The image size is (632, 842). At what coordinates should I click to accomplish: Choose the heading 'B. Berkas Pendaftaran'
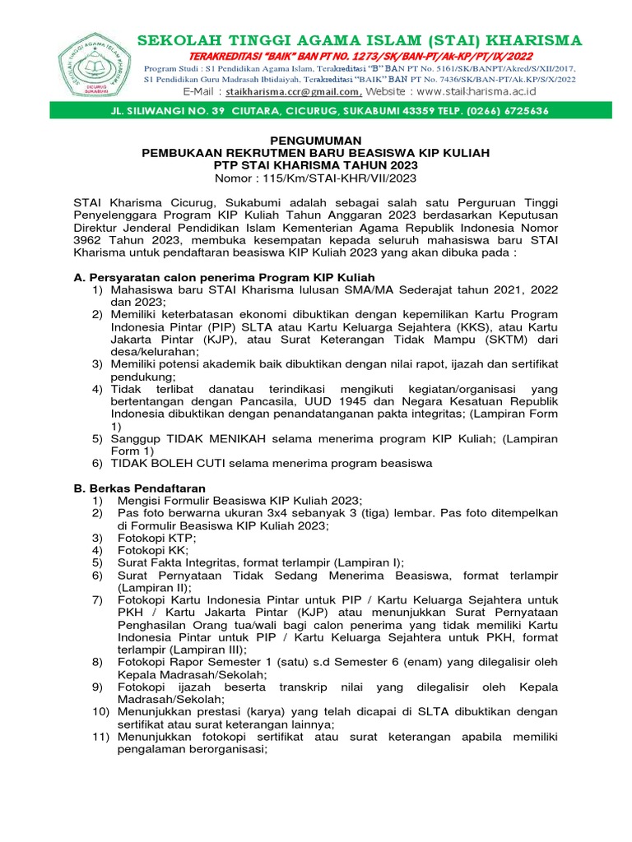[140, 488]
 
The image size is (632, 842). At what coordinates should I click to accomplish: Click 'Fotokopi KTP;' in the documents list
[156, 537]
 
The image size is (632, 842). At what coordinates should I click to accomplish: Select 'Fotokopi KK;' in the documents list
[153, 549]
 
